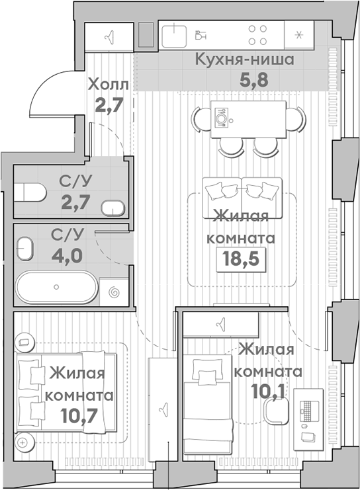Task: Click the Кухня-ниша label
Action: (244, 60)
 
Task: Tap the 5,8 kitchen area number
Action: (254, 79)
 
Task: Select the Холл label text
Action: (108, 85)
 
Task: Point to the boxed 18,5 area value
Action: (241, 259)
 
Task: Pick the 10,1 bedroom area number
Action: (269, 391)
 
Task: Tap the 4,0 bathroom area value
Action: (67, 256)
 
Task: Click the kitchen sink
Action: (174, 36)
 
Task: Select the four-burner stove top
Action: (257, 34)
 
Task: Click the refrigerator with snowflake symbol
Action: (299, 34)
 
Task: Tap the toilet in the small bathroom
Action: (30, 192)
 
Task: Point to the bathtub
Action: (57, 287)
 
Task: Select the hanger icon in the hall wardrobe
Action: (109, 38)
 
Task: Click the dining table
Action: (249, 119)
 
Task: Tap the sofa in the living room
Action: (242, 198)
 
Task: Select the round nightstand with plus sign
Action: (24, 442)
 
